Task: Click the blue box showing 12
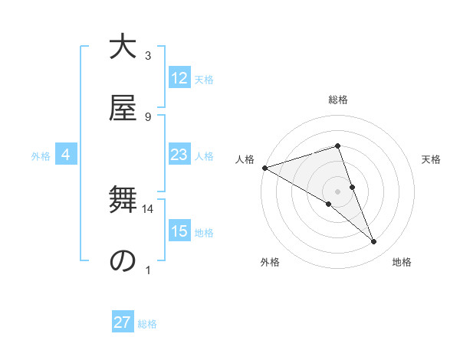179,78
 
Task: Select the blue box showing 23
179,155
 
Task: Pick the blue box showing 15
179,231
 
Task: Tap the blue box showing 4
66,155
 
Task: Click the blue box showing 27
123,322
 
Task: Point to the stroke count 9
148,116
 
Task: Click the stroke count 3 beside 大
148,56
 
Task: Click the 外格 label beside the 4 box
41,156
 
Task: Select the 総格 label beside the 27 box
147,324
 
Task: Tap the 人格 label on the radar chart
245,159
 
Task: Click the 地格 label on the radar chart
402,262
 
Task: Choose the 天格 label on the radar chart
432,159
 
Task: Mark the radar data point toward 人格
264,168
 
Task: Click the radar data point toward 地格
374,242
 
